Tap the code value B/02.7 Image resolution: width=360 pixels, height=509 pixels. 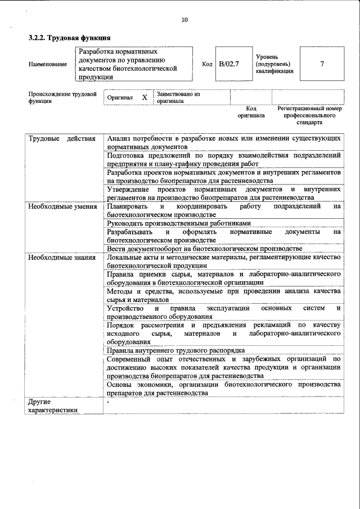click(229, 64)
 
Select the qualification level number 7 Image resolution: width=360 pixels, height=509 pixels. click(322, 64)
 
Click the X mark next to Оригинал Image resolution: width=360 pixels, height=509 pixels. click(144, 97)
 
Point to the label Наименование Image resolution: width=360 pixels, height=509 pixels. click(47, 64)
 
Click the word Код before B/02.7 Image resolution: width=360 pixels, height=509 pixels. click(207, 64)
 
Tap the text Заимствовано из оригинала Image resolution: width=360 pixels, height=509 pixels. click(178, 97)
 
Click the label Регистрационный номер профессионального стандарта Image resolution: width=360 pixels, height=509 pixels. click(309, 115)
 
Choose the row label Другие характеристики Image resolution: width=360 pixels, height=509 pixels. click(53, 406)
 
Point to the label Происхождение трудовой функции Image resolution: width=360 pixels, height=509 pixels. click(62, 97)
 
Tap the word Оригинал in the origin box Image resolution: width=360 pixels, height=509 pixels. click(120, 98)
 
